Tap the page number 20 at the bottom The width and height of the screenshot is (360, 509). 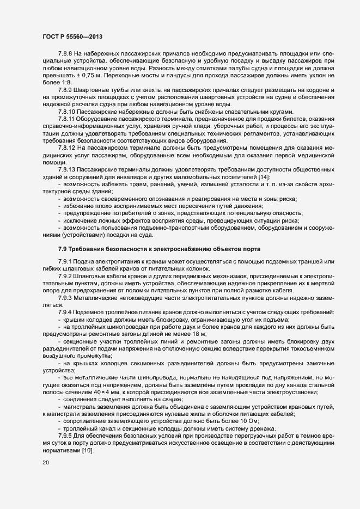coord(45,463)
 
